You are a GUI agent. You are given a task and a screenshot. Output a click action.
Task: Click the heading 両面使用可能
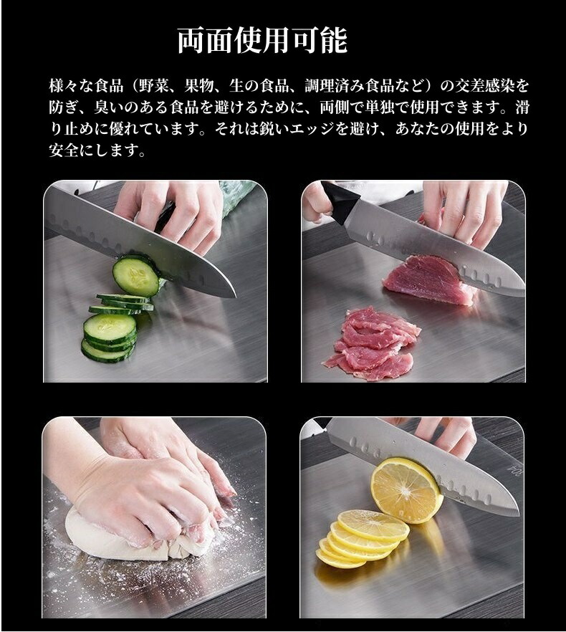point(262,41)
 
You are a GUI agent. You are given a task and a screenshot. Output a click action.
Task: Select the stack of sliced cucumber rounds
point(113,327)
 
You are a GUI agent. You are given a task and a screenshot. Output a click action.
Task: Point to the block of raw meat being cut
point(423,279)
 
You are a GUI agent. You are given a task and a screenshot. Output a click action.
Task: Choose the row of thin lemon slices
point(361,539)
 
